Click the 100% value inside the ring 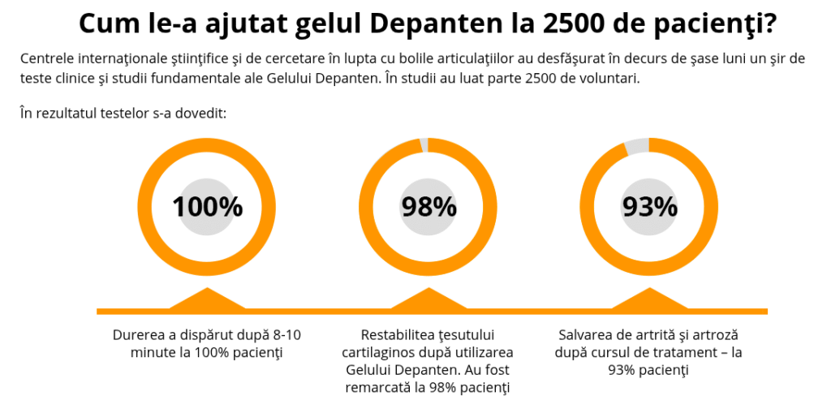207,207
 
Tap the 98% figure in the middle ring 428,207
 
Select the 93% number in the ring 649,207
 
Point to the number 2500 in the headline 562,24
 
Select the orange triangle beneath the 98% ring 428,299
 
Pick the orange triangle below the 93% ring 649,299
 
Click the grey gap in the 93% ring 637,147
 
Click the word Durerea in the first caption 138,335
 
